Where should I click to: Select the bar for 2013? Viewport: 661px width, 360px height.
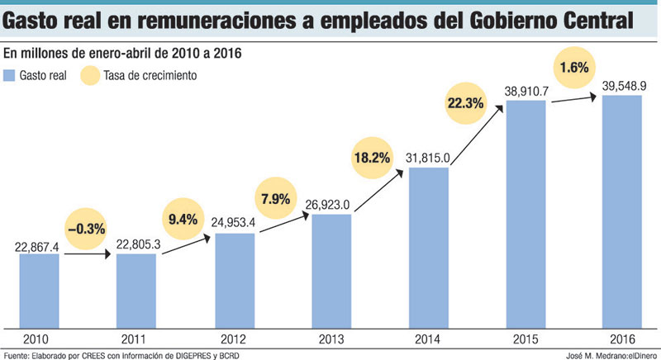[331, 270]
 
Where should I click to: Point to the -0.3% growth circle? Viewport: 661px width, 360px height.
[84, 229]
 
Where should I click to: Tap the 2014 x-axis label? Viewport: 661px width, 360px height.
[428, 339]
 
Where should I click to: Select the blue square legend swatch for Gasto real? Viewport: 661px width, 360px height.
[9, 76]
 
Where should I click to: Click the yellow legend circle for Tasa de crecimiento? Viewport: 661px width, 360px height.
[89, 76]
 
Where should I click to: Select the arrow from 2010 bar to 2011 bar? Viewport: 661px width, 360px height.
[87, 254]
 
